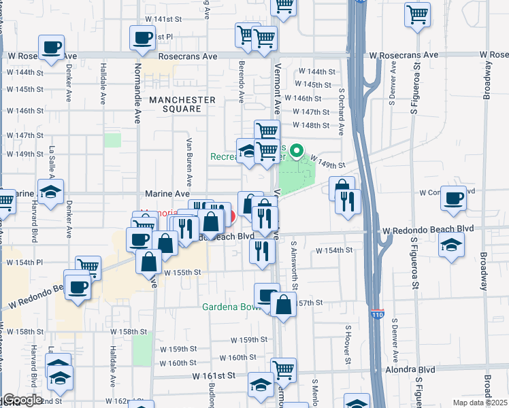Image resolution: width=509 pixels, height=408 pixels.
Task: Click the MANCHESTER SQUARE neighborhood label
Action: (182, 104)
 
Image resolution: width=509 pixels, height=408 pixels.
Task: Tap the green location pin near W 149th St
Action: (296, 150)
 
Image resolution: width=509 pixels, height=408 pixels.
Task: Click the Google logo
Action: (22, 399)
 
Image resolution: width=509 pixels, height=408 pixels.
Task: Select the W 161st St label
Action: (214, 375)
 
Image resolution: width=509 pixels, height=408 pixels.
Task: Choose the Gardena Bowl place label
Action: (231, 307)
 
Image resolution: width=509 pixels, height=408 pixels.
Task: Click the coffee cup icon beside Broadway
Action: (453, 198)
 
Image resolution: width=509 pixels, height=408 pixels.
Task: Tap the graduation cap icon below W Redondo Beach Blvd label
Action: (453, 245)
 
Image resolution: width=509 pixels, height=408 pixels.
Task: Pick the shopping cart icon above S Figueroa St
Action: (417, 14)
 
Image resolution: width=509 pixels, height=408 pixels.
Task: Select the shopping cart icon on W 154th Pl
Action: (88, 267)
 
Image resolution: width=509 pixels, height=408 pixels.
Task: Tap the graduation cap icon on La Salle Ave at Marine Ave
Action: (50, 191)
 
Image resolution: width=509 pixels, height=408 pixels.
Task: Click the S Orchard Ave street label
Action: (342, 118)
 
